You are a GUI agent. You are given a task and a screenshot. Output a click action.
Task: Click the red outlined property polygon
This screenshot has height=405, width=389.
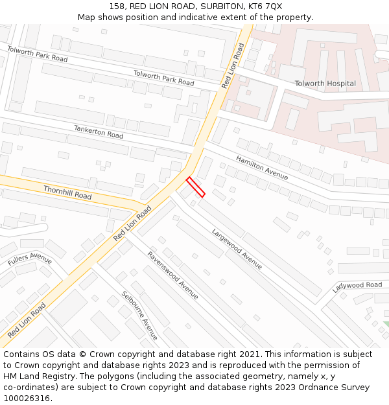coord(196,187)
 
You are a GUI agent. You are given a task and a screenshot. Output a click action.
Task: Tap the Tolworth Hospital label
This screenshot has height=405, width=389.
coord(325,84)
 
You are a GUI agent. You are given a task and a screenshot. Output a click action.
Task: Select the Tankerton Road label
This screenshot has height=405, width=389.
coord(98,132)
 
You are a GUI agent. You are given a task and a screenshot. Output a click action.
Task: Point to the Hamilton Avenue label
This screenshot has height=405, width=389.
coord(262,168)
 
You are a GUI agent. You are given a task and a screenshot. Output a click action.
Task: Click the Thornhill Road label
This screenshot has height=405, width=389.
coord(67,192)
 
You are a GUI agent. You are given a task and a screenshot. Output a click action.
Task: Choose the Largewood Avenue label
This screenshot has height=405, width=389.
coord(237,248)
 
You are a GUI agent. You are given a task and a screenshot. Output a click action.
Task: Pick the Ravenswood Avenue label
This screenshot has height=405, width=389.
coord(172,275)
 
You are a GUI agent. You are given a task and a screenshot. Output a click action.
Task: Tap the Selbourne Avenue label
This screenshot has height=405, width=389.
coord(139,316)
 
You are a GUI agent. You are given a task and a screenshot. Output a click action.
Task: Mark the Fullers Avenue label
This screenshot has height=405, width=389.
coord(30,260)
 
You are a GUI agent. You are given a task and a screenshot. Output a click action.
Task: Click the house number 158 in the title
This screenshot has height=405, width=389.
coord(117,6)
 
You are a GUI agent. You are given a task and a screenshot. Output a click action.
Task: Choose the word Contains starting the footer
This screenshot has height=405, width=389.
coord(23,354)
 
